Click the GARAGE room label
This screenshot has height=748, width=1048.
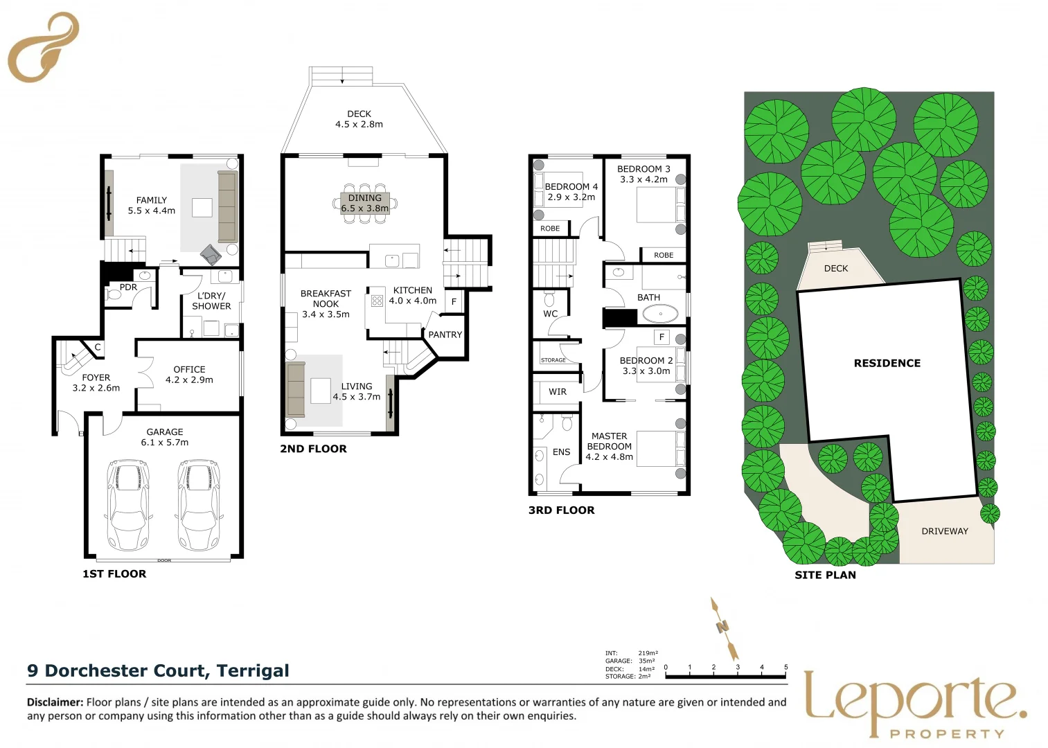165,431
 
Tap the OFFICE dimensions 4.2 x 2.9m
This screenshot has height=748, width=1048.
189,380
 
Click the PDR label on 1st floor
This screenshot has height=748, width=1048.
128,287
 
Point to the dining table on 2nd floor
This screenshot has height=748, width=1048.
365,203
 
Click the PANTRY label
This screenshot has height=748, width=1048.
445,335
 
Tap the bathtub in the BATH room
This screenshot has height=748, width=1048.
660,314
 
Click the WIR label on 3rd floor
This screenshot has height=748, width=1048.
558,392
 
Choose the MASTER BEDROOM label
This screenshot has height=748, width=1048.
609,441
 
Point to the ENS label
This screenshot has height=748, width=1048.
561,452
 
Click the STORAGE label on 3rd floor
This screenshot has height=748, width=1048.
553,360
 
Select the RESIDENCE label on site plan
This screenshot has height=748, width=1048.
887,363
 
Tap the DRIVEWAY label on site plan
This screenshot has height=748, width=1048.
944,531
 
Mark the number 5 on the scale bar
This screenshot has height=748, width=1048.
785,668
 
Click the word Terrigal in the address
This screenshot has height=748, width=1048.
253,670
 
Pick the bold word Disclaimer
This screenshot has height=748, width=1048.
55,702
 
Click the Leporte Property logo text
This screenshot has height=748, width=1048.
914,701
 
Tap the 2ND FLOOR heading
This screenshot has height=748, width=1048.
313,449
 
